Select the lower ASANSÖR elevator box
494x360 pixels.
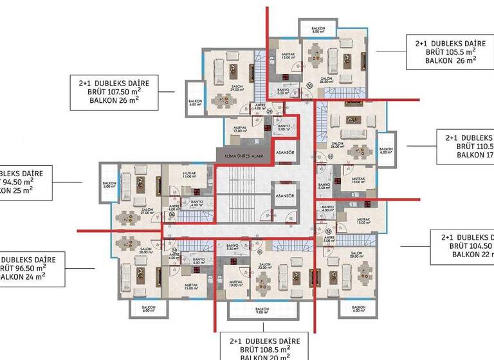pos(284,196)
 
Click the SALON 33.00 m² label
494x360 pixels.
pos(265,265)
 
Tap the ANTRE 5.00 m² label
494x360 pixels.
pos(329,240)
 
